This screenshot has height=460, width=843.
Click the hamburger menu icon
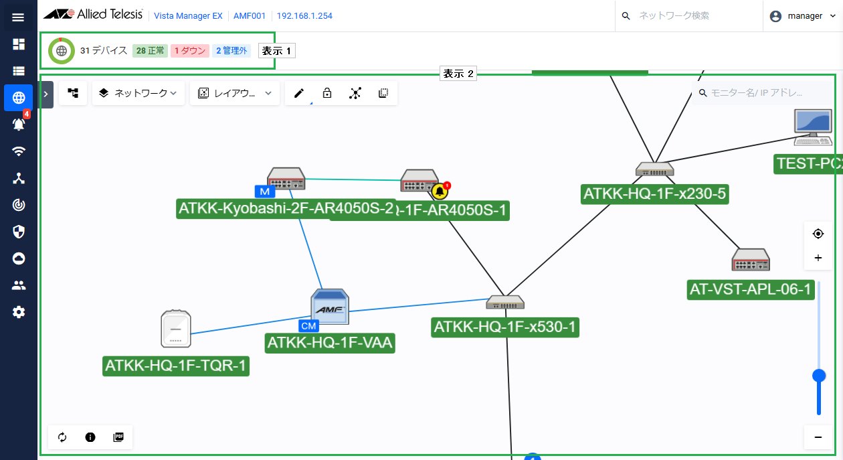click(x=18, y=17)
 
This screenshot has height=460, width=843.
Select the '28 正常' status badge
click(x=150, y=51)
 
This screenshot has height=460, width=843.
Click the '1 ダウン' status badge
click(x=189, y=51)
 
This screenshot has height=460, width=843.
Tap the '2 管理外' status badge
click(x=231, y=51)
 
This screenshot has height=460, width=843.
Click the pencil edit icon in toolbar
click(x=299, y=94)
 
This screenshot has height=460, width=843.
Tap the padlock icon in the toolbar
click(x=327, y=94)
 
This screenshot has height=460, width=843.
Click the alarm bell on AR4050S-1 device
click(x=440, y=191)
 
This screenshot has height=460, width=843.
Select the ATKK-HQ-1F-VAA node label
click(x=330, y=343)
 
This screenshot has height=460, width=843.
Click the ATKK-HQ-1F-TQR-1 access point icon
click(x=176, y=329)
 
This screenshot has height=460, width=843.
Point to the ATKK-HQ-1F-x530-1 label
click(x=505, y=327)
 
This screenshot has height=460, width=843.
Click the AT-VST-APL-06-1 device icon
click(x=751, y=260)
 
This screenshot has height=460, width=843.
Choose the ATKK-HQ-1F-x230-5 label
click(x=655, y=194)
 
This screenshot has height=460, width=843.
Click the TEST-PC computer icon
click(x=812, y=127)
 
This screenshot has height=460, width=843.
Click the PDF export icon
click(x=118, y=437)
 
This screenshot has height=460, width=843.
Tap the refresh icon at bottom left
click(x=62, y=437)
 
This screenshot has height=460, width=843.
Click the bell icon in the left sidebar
click(x=18, y=125)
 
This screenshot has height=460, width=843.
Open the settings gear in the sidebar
click(x=19, y=312)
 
